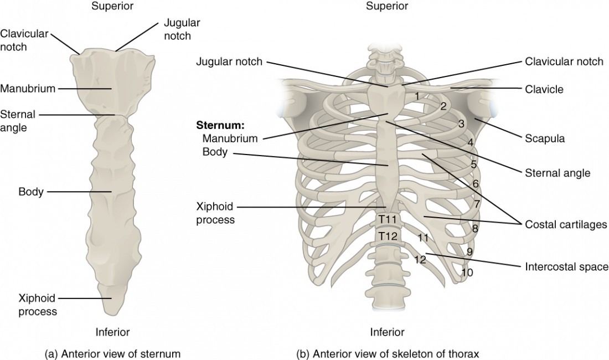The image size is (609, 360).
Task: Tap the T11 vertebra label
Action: click(x=387, y=220)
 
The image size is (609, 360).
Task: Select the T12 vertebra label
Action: click(x=387, y=236)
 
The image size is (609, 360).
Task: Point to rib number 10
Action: click(x=467, y=272)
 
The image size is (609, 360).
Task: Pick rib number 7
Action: click(x=476, y=204)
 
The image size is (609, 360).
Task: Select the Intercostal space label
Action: click(x=566, y=267)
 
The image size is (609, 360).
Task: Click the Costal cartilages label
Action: click(x=566, y=224)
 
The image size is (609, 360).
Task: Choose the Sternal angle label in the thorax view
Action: click(x=557, y=173)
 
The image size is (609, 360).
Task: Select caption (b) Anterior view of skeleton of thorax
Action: click(x=387, y=353)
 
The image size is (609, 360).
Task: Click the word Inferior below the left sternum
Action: click(x=112, y=332)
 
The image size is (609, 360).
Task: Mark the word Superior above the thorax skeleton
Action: click(x=387, y=7)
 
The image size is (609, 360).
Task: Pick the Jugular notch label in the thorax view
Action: click(x=229, y=61)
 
